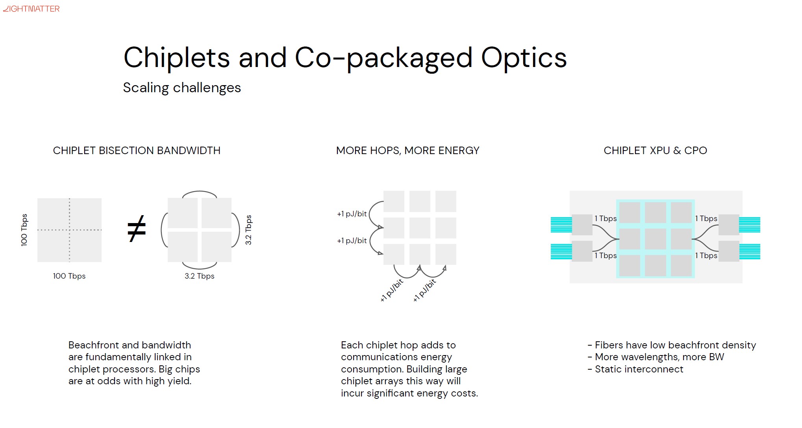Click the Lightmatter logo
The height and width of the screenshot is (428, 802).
coord(31,9)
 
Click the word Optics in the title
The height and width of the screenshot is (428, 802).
coord(524,58)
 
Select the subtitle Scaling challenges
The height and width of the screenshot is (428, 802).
coord(182,88)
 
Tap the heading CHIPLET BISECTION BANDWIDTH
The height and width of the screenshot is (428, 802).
coord(137,151)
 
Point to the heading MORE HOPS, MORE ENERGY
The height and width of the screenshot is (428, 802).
coord(407,151)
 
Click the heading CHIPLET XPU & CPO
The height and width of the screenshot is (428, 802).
coord(655,151)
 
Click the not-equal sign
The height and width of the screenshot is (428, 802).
coord(137,229)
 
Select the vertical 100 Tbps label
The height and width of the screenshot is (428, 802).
coord(24,230)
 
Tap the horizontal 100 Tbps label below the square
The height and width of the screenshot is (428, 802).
coord(69,276)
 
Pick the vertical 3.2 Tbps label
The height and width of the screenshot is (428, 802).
coord(248,230)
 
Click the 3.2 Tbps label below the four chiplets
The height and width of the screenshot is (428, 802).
coord(200,276)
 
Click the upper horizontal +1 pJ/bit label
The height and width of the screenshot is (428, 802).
coord(352,214)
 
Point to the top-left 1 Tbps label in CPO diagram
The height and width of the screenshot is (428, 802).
coord(606,218)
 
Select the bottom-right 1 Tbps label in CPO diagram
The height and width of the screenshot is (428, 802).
coord(706,255)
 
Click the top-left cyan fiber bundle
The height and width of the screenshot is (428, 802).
coord(561,225)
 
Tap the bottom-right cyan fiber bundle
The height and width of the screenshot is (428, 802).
coord(750,252)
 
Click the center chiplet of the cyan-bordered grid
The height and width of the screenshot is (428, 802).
coord(656,239)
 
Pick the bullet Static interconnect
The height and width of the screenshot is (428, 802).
coord(635,369)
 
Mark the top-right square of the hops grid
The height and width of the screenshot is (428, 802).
coord(446,201)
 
